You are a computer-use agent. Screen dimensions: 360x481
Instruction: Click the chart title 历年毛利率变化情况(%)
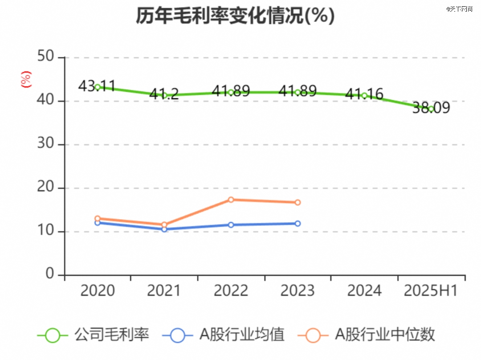coord(235,16)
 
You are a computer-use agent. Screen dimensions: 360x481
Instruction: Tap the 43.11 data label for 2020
coord(97,86)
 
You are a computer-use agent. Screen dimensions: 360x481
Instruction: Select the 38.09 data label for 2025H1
coord(431,108)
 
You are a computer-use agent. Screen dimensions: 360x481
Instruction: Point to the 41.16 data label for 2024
coord(364,94)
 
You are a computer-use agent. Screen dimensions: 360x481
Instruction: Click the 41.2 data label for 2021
coord(164,94)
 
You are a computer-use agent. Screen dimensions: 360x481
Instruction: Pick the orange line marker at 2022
coord(231,200)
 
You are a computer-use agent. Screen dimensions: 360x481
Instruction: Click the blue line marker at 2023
coord(298,223)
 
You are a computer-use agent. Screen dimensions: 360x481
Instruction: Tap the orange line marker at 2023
coord(298,202)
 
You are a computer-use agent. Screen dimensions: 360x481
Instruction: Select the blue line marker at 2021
coord(164,229)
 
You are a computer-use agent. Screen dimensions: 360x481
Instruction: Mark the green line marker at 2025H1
coord(431,109)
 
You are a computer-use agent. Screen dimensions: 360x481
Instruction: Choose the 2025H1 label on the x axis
coord(431,291)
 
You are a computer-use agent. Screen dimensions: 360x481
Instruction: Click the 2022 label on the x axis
coord(231,291)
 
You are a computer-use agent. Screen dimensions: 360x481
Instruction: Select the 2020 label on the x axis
coord(97,291)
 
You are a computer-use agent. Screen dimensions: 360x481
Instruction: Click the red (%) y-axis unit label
coord(26,79)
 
